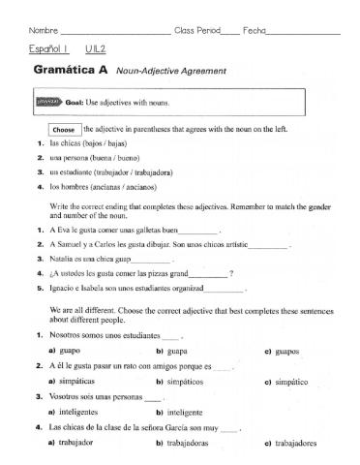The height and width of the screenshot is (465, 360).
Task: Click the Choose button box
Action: pos(64,129)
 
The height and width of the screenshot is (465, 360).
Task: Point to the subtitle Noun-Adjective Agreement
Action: pos(170,72)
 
